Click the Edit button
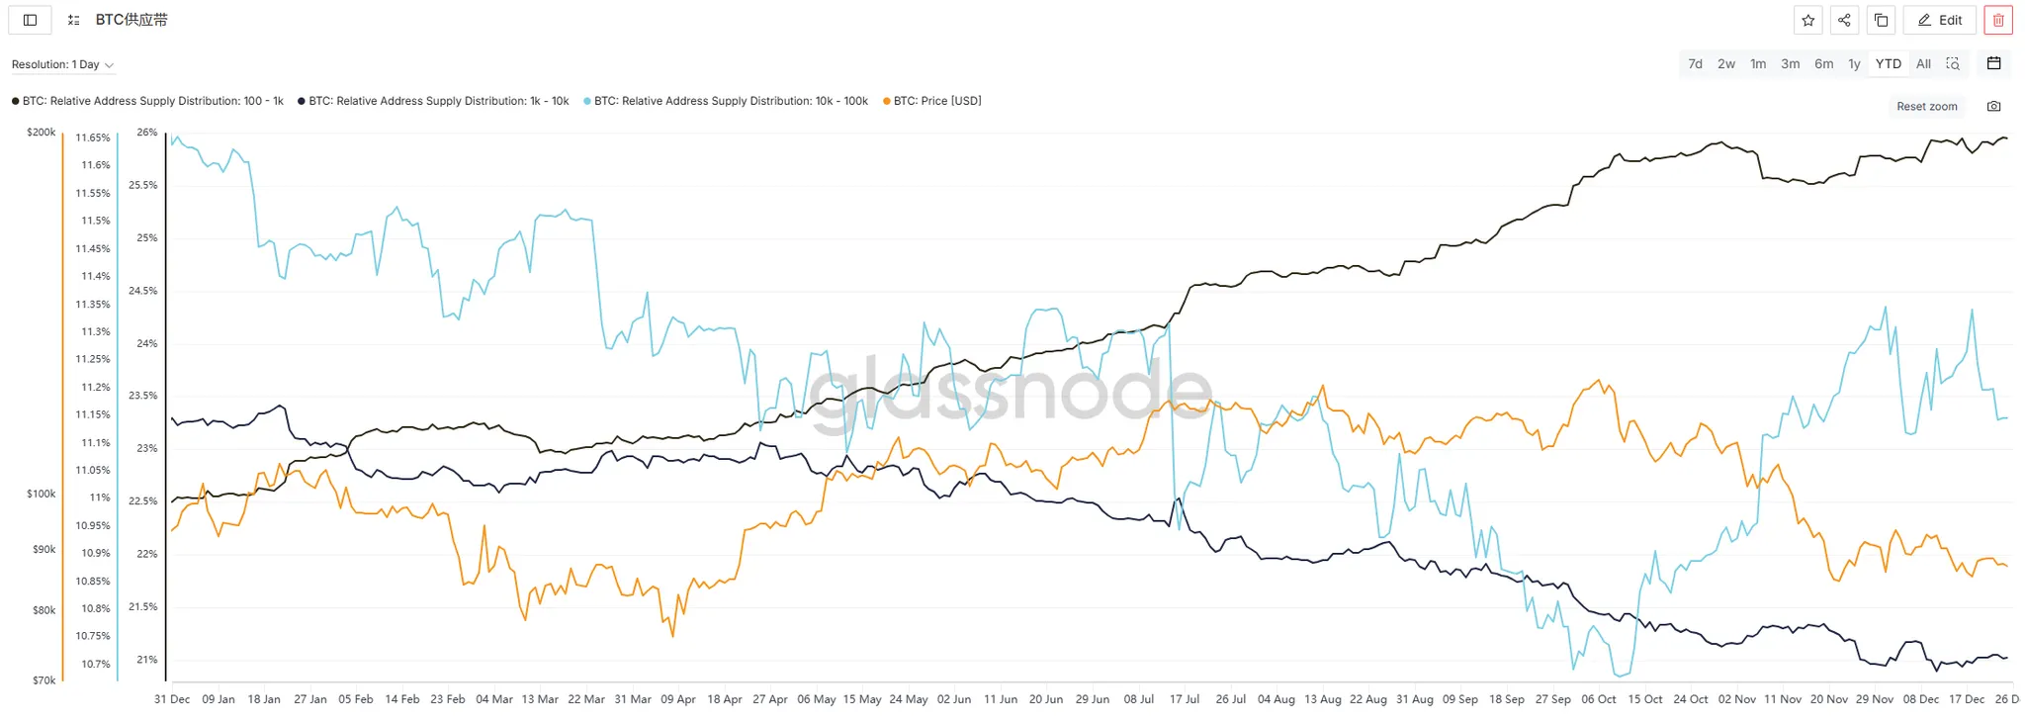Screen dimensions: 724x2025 1939,20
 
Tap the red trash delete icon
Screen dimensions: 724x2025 1997,20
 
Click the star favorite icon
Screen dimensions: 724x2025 1807,20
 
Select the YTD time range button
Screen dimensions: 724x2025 1888,64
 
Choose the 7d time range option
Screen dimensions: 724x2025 1695,64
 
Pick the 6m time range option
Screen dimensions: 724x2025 1823,64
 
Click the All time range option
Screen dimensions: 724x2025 1923,64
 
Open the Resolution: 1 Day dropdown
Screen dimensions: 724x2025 62,65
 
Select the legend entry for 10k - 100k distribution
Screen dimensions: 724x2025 730,101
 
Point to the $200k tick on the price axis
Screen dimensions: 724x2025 42,133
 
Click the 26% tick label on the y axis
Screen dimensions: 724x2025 147,133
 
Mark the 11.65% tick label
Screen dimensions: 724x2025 93,137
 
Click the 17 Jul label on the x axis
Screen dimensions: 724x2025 1185,699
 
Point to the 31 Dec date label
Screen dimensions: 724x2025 172,699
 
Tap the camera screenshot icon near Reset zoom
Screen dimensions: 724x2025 1993,107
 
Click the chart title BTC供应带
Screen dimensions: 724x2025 132,20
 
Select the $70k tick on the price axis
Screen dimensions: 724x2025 44,680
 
